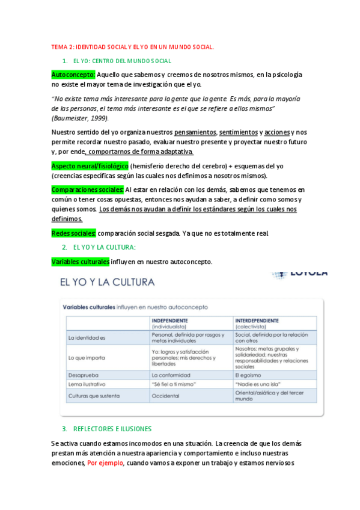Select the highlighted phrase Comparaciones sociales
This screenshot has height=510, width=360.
click(88, 189)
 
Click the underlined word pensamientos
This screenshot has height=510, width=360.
click(195, 132)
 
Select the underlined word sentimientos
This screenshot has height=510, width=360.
click(239, 132)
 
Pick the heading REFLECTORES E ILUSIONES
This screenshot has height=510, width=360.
click(112, 429)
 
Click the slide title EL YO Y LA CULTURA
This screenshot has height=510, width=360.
click(106, 282)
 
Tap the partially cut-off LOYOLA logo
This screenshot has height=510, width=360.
click(301, 274)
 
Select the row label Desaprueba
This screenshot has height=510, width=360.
click(82, 374)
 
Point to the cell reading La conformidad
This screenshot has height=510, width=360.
click(170, 374)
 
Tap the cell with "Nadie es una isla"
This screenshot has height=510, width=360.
click(258, 384)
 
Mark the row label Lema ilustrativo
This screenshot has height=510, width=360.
click(87, 384)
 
